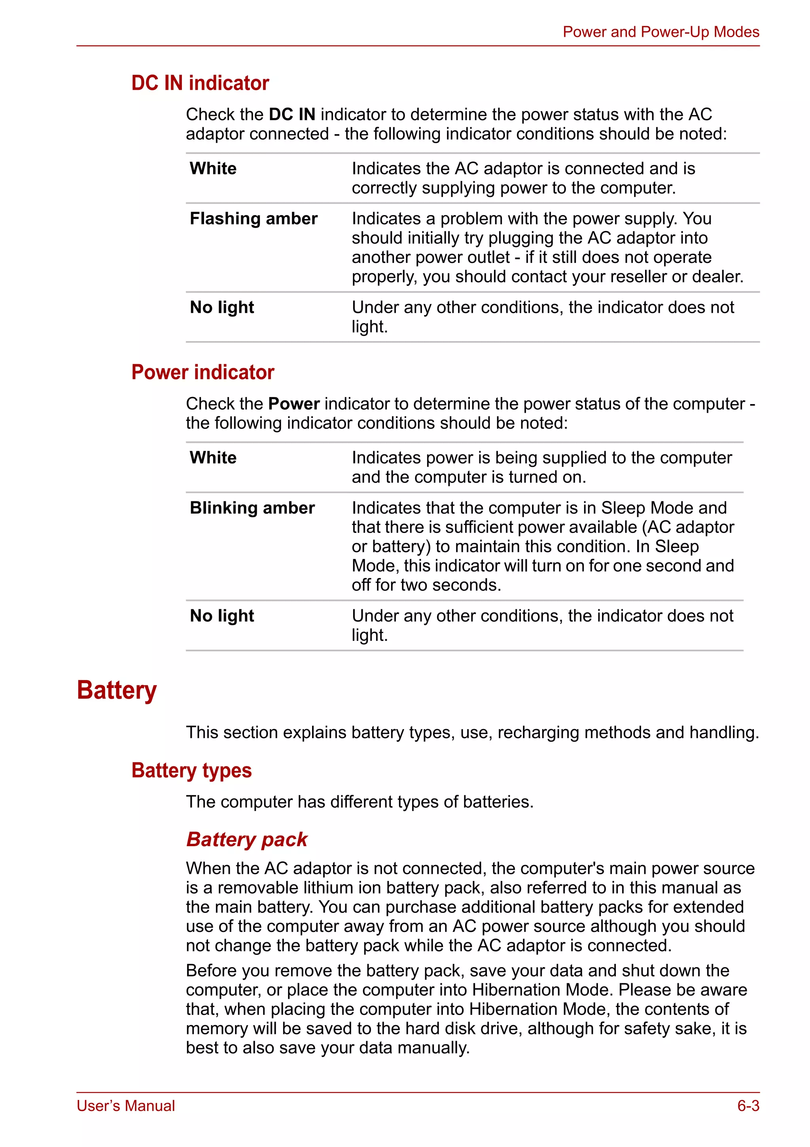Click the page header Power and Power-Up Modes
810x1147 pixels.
[x=660, y=32]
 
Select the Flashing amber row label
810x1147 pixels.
[x=254, y=219]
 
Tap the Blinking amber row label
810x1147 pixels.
[x=252, y=508]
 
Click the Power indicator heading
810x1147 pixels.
[x=202, y=372]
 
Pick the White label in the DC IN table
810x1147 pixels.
[x=213, y=168]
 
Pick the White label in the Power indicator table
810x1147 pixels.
[x=213, y=457]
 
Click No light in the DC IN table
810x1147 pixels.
[x=222, y=307]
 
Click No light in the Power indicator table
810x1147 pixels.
[x=222, y=616]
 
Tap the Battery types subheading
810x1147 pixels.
[x=191, y=770]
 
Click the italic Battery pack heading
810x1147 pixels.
[x=247, y=839]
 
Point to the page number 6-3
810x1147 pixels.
[x=748, y=1106]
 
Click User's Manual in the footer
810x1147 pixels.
[x=125, y=1106]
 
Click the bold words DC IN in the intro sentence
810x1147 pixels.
[x=292, y=114]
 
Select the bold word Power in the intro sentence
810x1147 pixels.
[x=294, y=404]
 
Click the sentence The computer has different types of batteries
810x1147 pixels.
[x=360, y=802]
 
